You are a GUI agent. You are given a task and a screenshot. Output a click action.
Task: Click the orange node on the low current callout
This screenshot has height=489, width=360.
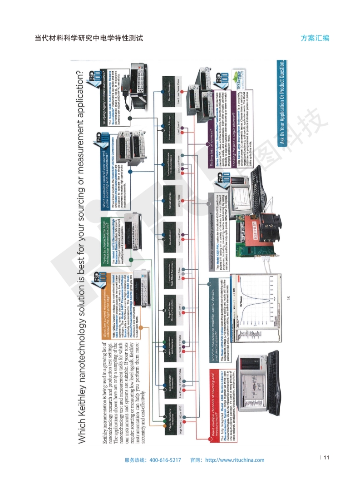[140, 327]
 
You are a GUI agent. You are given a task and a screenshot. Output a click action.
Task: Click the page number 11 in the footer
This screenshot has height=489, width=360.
[326, 457]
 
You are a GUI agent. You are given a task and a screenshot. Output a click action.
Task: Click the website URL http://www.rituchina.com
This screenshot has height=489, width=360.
[235, 460]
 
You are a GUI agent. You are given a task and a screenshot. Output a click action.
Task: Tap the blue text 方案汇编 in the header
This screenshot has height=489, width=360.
[315, 38]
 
